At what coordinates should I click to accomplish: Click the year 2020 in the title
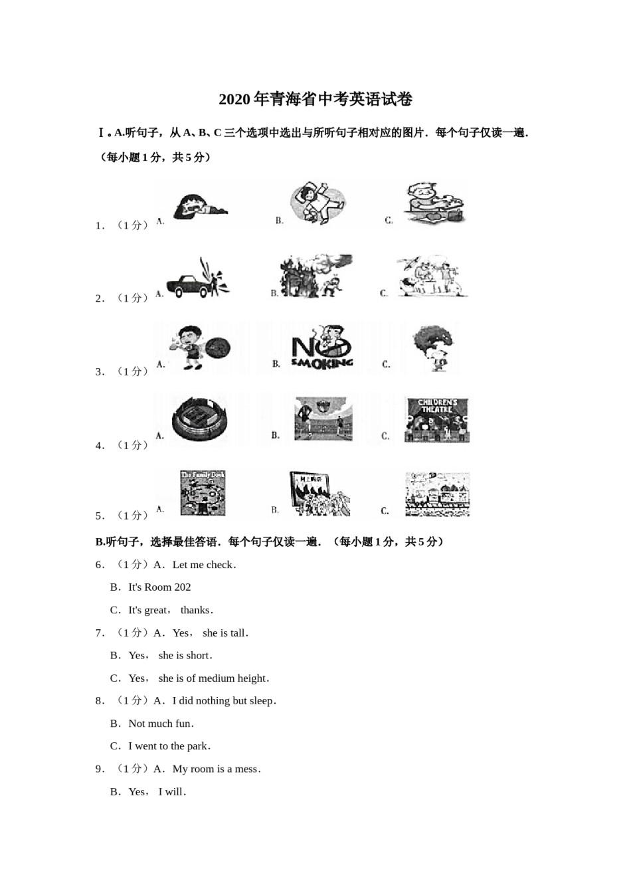234,100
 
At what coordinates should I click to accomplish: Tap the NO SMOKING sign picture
322,347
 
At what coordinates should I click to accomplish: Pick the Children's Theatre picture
437,421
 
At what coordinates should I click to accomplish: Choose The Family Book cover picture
203,493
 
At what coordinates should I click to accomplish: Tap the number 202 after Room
183,587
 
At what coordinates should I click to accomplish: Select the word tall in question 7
237,633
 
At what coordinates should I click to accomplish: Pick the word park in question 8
197,746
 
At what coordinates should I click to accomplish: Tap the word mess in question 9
246,769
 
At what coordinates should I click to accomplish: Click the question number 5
100,516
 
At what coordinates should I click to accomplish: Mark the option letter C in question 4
385,437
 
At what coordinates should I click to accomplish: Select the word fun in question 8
183,724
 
